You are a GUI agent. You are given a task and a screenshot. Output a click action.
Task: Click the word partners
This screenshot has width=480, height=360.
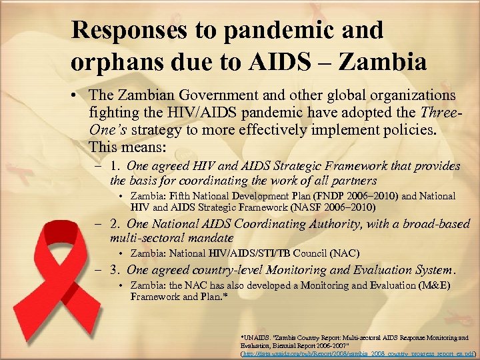355,181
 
